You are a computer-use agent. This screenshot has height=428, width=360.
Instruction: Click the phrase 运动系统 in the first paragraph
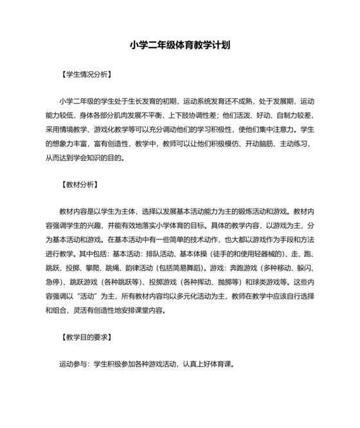(197, 101)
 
